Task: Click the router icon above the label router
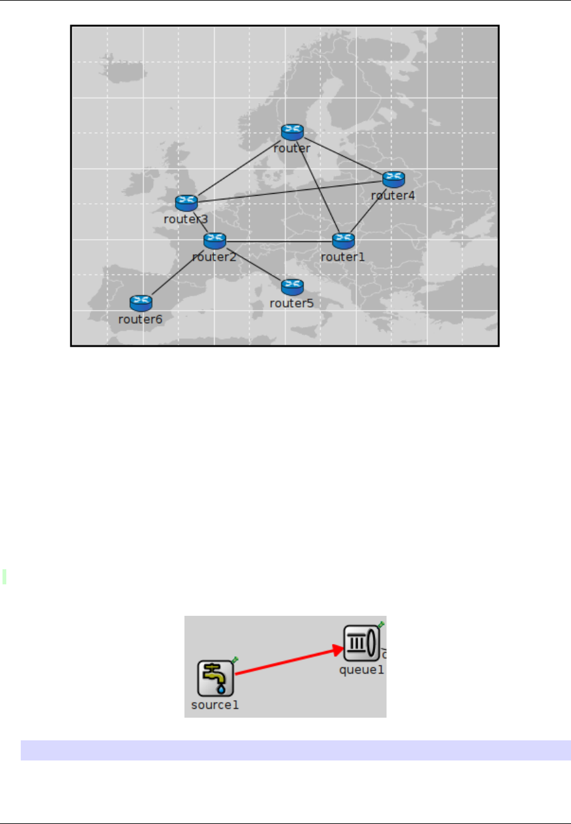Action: click(292, 131)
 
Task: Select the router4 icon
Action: click(393, 179)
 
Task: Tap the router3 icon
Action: click(186, 203)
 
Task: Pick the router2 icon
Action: click(215, 240)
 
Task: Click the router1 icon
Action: click(344, 240)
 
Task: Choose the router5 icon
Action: click(292, 287)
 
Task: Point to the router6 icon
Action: click(140, 303)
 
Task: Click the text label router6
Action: click(140, 319)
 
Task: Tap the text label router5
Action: click(291, 303)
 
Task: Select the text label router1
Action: click(342, 257)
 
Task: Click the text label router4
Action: click(393, 196)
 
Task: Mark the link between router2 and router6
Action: click(178, 270)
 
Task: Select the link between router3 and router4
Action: click(290, 191)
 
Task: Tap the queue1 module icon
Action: click(361, 643)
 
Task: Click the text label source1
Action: click(215, 705)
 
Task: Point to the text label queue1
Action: click(361, 670)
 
